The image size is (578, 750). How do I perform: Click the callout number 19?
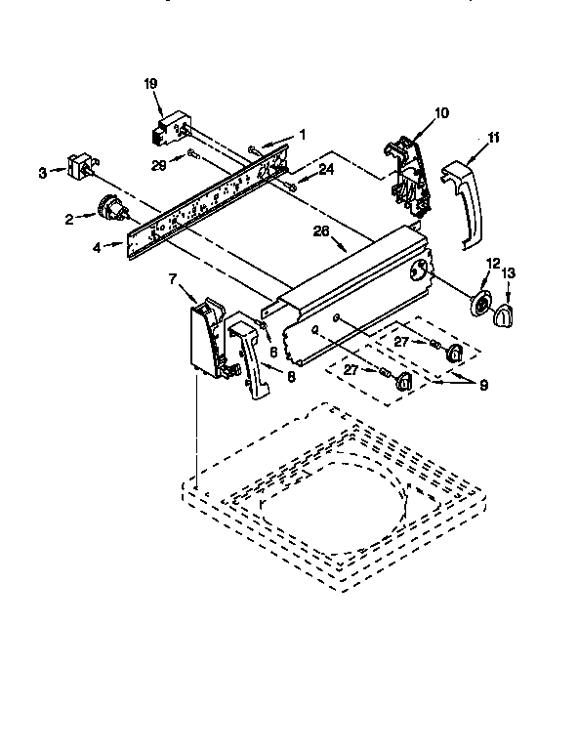[x=150, y=85]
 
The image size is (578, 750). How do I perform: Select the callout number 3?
[x=42, y=173]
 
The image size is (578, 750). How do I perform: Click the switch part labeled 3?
[x=80, y=166]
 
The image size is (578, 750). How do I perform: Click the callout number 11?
[x=494, y=138]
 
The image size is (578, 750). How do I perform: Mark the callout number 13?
[x=507, y=272]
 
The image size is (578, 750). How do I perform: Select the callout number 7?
[x=173, y=280]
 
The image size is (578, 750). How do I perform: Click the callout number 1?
[x=303, y=134]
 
